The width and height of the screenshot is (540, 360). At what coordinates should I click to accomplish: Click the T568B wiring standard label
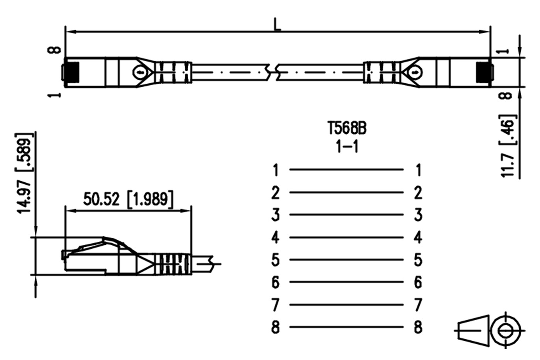pyautogui.click(x=347, y=128)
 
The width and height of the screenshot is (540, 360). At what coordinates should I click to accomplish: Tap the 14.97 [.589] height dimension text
pyautogui.click(x=24, y=173)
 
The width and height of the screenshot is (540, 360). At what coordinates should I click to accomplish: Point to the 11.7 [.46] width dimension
pyautogui.click(x=508, y=146)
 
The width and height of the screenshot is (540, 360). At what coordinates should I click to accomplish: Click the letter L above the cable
pyautogui.click(x=277, y=25)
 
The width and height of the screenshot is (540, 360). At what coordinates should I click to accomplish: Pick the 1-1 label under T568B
pyautogui.click(x=347, y=147)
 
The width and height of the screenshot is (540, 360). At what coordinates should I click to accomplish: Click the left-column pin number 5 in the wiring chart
pyautogui.click(x=275, y=260)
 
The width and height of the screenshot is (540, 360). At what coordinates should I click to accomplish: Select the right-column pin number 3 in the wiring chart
pyautogui.click(x=418, y=215)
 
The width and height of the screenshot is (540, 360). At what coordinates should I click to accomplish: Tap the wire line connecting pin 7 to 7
pyautogui.click(x=346, y=305)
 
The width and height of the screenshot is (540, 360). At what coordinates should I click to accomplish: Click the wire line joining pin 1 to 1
pyautogui.click(x=346, y=170)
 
